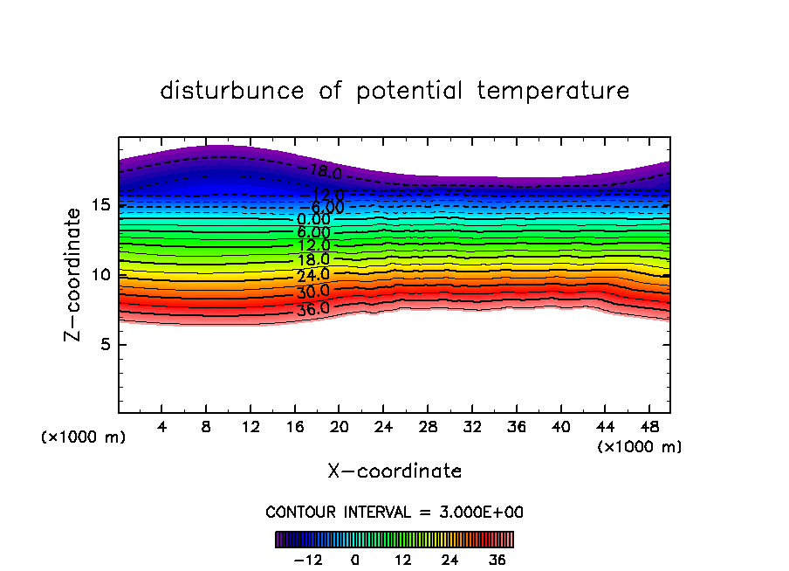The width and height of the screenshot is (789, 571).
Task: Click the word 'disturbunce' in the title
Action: tap(232, 91)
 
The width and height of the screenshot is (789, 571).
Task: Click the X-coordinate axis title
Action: tap(394, 471)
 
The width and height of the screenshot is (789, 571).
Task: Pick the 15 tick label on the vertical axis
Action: tap(100, 206)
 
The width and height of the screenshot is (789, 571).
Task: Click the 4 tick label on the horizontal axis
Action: tap(162, 428)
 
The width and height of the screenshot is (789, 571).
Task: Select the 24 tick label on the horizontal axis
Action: tap(383, 428)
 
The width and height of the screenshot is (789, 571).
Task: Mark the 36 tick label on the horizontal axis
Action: tap(516, 428)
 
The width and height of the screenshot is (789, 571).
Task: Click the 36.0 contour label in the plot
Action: tap(312, 308)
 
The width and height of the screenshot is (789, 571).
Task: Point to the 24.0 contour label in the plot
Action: tap(312, 276)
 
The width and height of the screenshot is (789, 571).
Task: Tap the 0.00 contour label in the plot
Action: tap(313, 220)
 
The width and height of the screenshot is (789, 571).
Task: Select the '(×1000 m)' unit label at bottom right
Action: tap(639, 447)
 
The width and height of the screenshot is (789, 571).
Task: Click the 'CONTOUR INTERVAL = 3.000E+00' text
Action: tap(394, 513)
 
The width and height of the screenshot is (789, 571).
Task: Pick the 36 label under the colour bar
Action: tap(497, 560)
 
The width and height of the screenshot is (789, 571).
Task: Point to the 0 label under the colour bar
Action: tap(355, 560)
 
